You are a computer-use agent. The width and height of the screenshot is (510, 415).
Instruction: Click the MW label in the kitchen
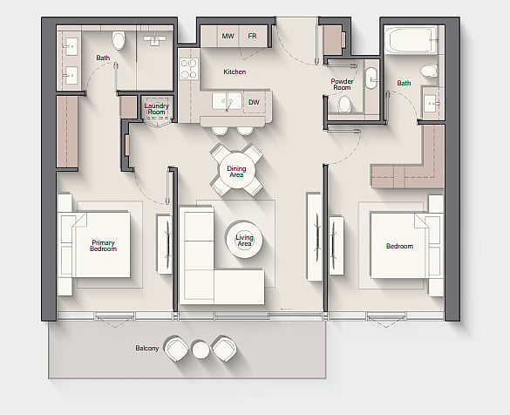228,36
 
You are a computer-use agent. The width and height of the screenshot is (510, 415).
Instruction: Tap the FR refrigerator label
252,36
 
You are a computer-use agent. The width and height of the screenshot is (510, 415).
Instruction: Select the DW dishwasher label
254,103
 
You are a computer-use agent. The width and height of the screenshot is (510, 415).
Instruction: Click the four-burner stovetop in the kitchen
189,69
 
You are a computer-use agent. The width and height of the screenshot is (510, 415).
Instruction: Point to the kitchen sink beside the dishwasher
227,101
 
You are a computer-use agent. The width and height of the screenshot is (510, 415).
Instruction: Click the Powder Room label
342,85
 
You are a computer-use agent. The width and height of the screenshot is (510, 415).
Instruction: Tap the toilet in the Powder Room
344,105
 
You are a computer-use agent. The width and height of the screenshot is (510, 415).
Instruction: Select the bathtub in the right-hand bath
411,40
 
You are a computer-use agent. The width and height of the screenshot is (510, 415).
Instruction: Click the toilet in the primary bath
119,40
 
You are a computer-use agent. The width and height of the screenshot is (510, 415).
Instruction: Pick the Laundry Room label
156,109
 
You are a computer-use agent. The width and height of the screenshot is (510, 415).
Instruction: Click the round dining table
236,171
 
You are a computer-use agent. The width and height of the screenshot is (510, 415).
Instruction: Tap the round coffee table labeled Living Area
244,241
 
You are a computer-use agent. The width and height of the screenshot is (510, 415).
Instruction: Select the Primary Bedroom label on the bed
103,246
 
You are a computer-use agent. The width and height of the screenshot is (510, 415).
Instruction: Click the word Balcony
147,348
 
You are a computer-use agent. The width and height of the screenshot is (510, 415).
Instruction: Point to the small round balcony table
201,350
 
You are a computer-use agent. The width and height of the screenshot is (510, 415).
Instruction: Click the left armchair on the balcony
176,349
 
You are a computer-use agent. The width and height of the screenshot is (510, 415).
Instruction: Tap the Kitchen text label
235,71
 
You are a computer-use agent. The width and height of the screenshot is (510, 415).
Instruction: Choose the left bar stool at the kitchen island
220,131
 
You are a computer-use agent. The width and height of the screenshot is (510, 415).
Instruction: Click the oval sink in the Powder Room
371,78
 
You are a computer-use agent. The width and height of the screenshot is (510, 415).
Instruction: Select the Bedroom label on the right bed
399,246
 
